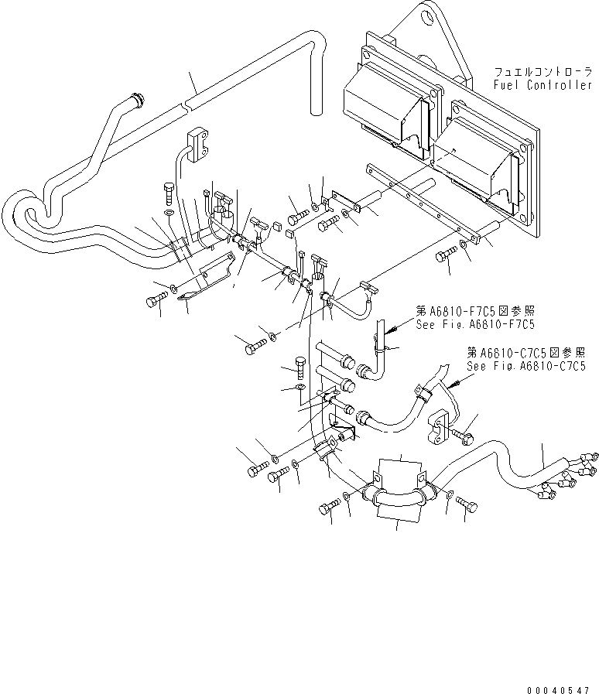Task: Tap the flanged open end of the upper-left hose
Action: pyautogui.click(x=139, y=100)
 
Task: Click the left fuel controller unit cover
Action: pyautogui.click(x=383, y=101)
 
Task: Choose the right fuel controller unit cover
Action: pyautogui.click(x=475, y=159)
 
